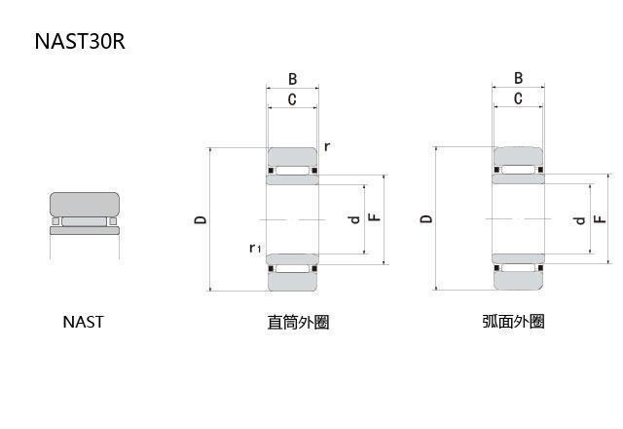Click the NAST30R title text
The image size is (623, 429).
click(x=79, y=42)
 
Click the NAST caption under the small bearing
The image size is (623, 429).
click(x=83, y=322)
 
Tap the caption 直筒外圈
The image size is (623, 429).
click(x=298, y=322)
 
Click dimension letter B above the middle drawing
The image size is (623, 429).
click(x=292, y=79)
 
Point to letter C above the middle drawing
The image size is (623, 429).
click(x=292, y=99)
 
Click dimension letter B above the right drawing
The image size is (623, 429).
click(x=518, y=79)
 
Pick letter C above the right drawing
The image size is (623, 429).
click(x=518, y=98)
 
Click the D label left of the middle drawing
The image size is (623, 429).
click(x=201, y=220)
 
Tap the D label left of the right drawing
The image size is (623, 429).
click(x=426, y=219)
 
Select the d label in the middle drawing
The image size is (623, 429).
click(x=354, y=219)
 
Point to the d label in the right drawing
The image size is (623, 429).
click(x=580, y=220)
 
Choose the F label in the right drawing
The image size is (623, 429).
click(x=601, y=220)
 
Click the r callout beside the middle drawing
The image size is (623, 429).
click(x=327, y=146)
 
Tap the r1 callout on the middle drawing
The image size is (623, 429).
click(x=254, y=249)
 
